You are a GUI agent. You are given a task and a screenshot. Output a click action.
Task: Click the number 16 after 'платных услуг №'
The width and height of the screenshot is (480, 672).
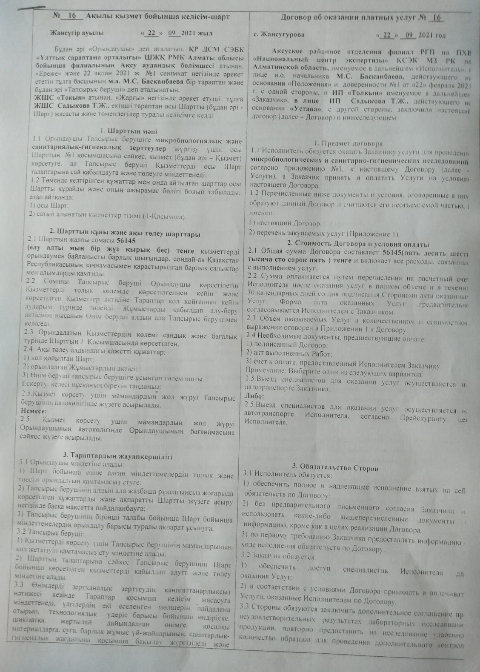click(x=436, y=17)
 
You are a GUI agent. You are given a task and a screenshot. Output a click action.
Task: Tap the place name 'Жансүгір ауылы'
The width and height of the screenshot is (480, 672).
click(x=76, y=33)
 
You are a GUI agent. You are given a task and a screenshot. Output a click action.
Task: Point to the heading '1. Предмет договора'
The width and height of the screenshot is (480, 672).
click(x=349, y=143)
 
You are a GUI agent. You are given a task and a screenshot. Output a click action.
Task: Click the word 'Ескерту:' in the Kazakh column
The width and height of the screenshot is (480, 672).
click(x=34, y=386)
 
